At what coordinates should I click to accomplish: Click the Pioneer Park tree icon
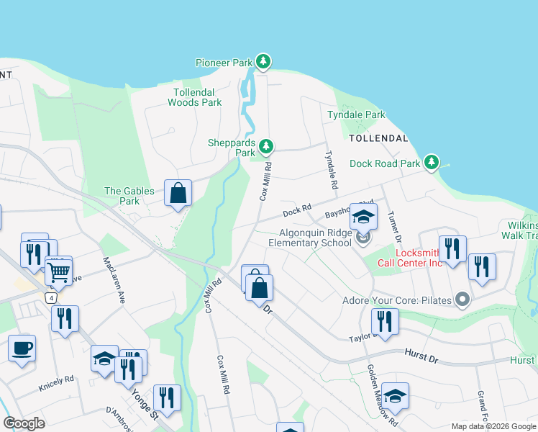coord(264,62)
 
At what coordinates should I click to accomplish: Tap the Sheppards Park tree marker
coord(267,148)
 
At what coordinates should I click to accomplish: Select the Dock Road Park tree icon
coord(432,163)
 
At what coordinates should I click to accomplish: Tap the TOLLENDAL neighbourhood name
coord(378,138)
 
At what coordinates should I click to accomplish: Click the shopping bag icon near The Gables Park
coord(178,193)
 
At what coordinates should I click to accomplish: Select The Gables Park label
coord(122,196)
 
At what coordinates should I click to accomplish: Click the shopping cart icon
coord(59,271)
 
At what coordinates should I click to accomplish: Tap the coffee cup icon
coord(22,348)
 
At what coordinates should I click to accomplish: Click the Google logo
coord(24,423)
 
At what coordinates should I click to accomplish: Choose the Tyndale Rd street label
coord(332,170)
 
